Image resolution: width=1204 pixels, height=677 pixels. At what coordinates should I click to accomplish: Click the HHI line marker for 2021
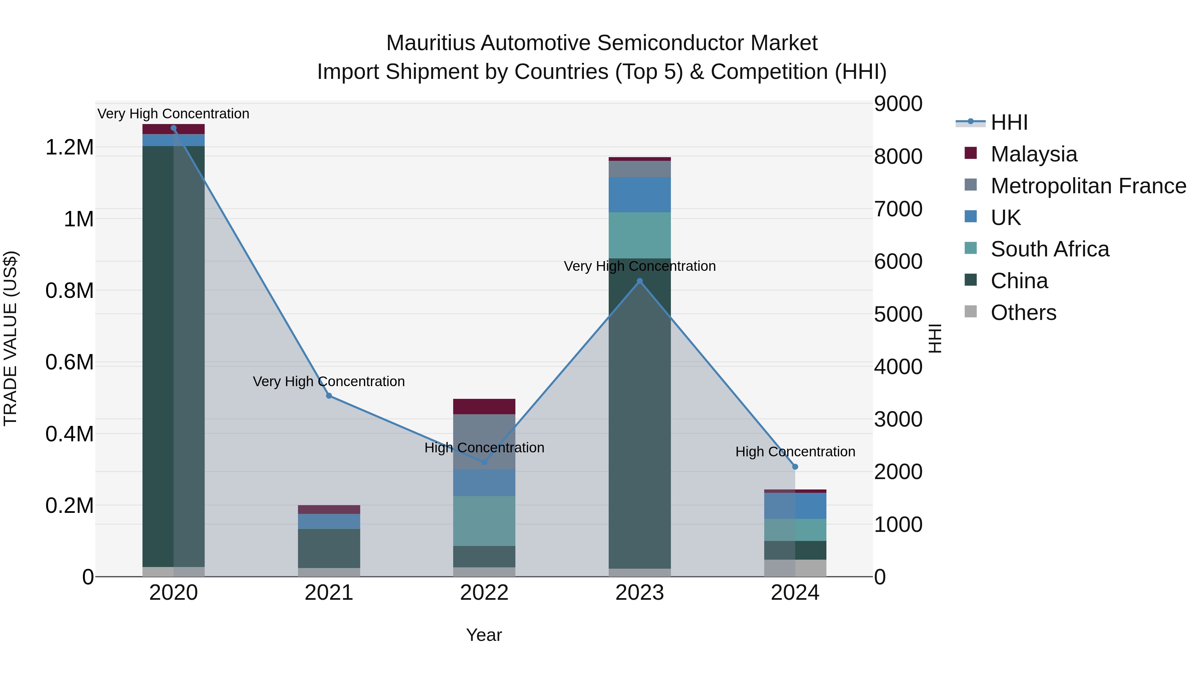pyautogui.click(x=329, y=396)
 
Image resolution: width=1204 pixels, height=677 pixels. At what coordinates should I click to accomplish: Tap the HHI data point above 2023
pyautogui.click(x=640, y=281)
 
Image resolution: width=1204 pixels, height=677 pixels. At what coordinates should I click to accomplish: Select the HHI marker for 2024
pyautogui.click(x=795, y=467)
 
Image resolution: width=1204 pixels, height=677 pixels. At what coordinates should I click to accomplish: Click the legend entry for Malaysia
pyautogui.click(x=1033, y=154)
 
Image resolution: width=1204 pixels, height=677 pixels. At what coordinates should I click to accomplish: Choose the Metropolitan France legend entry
pyautogui.click(x=1088, y=186)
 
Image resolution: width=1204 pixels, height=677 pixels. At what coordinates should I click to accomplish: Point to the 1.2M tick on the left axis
pyautogui.click(x=70, y=148)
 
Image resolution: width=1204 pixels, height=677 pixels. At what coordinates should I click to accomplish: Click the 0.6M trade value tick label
pyautogui.click(x=70, y=362)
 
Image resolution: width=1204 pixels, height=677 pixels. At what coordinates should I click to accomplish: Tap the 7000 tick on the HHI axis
pyautogui.click(x=898, y=209)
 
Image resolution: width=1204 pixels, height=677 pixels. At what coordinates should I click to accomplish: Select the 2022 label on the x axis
pyautogui.click(x=484, y=593)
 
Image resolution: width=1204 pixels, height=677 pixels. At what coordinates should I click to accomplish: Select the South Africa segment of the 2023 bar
pyautogui.click(x=639, y=235)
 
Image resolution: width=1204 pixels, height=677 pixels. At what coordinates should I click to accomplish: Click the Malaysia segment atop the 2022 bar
pyautogui.click(x=484, y=407)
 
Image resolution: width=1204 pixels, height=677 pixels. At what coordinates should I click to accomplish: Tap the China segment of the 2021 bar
pyautogui.click(x=329, y=548)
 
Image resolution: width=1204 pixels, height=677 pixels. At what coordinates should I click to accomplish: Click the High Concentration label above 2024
pyautogui.click(x=795, y=452)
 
